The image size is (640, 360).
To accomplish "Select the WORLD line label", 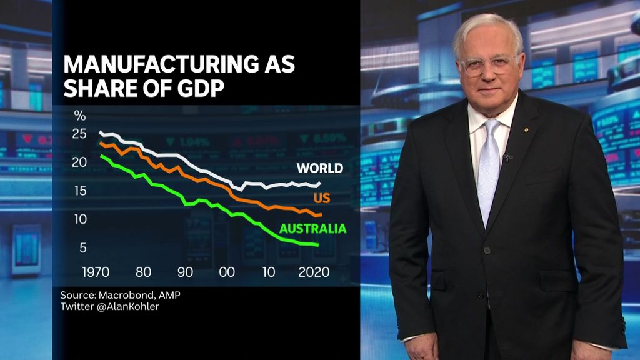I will [x=319, y=168].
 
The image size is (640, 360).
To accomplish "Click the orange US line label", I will [x=322, y=199].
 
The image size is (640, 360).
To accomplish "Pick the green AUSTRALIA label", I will [x=312, y=229].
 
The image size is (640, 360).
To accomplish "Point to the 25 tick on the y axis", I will [x=79, y=134].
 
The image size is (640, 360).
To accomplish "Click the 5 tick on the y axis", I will [x=83, y=248].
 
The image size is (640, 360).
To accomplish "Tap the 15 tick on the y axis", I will [x=79, y=191].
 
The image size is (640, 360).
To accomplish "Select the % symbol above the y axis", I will [x=80, y=115].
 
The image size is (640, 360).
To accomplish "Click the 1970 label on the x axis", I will [x=96, y=272].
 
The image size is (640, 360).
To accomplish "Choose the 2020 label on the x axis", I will [x=314, y=272].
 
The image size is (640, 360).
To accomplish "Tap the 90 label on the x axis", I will [x=186, y=272].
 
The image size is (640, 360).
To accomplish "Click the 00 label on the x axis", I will [x=227, y=272].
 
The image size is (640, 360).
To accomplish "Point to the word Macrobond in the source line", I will [x=126, y=295].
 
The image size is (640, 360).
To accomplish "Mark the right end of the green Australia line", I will [x=318, y=244].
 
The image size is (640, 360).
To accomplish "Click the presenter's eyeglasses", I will [x=489, y=64].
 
